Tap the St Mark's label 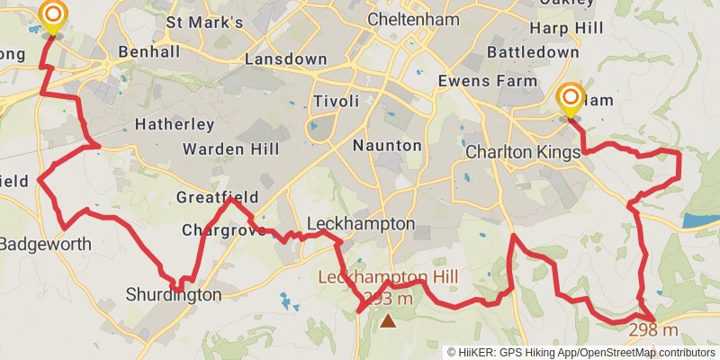point(204,22)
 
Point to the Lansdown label point(286,59)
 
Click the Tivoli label point(337,101)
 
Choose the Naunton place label point(387,145)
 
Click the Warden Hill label point(230,148)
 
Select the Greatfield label point(217,197)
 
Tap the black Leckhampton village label point(361,223)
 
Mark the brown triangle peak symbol point(388,319)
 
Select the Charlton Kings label point(523,153)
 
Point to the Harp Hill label point(565,29)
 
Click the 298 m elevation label point(653,329)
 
